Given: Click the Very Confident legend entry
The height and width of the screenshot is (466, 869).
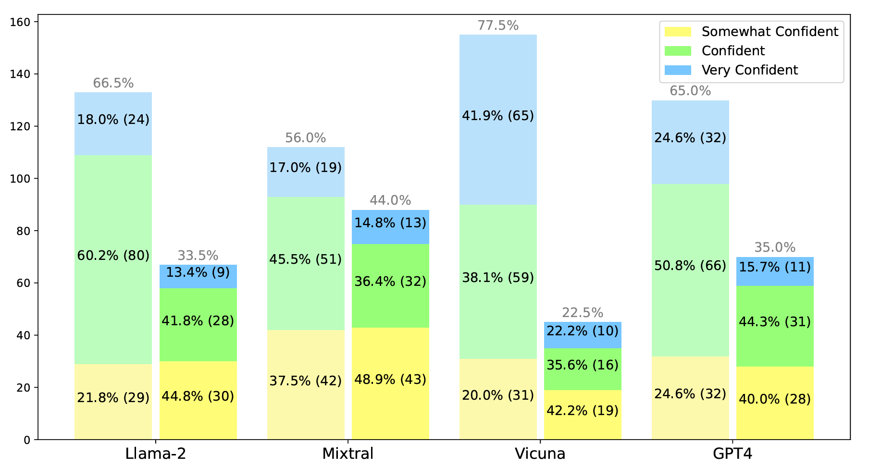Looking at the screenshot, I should (x=749, y=70).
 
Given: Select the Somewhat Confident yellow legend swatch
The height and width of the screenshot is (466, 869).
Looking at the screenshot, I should (x=678, y=32).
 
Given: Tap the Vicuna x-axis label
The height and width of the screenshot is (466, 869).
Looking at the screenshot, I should (x=540, y=454).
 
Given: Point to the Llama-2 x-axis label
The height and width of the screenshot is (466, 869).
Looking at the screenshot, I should (x=155, y=454).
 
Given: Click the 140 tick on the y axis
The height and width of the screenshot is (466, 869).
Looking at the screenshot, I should (x=23, y=74).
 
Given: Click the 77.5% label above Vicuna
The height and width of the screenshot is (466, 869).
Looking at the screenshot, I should (x=498, y=25).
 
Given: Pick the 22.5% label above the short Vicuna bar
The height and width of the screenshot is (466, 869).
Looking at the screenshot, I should (x=583, y=313).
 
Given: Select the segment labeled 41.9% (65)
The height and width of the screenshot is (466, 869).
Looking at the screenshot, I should (x=498, y=116).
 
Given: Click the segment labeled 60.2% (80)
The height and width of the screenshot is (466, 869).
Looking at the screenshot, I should (x=113, y=256).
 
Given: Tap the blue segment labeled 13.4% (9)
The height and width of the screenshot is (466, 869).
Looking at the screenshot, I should (x=198, y=273).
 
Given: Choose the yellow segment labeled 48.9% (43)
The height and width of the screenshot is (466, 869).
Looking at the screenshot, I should (x=390, y=380).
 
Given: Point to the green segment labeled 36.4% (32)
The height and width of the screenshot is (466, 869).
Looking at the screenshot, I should (x=390, y=282).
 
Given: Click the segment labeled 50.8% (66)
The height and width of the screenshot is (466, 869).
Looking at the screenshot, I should (x=690, y=266).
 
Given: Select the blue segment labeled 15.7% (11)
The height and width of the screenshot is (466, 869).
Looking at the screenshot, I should (x=775, y=267).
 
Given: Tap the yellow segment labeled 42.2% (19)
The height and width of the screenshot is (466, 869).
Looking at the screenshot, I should (x=583, y=411).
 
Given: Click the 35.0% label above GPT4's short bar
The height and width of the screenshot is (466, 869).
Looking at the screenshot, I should (x=775, y=247).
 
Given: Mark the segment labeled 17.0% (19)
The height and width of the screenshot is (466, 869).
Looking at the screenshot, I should (x=306, y=168).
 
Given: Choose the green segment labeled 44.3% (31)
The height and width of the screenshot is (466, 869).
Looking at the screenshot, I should (x=775, y=322).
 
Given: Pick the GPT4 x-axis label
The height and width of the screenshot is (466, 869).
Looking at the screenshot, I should (x=732, y=454).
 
